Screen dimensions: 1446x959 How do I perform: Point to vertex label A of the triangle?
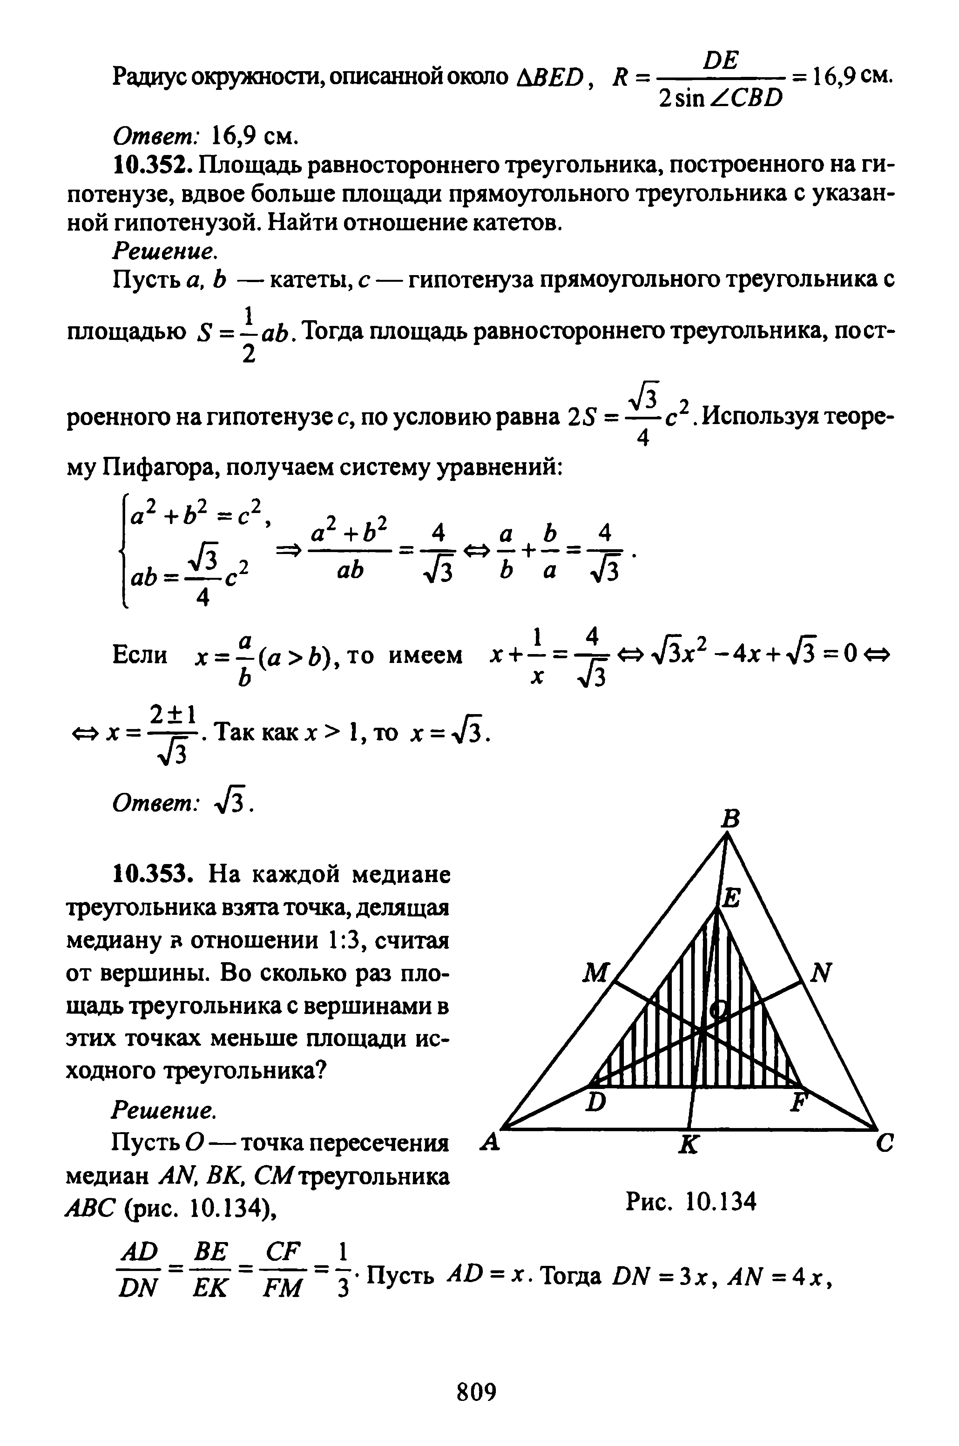(x=489, y=1141)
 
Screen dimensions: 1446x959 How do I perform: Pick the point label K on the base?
(x=689, y=1146)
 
